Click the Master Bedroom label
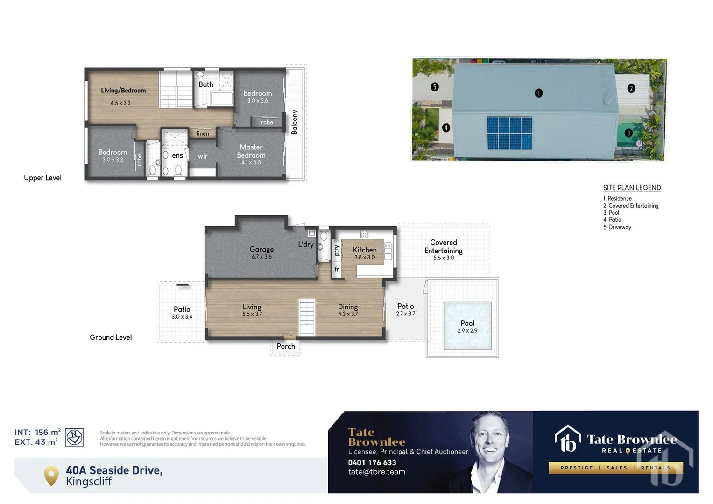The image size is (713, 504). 251,151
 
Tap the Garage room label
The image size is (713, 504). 261,250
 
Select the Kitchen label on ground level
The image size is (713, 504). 365,250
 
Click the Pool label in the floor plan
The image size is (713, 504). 467,323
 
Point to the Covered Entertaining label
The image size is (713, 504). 444,246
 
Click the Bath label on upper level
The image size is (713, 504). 206,84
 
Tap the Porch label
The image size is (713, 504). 286,346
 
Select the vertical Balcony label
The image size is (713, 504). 295,122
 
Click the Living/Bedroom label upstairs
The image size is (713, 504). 123,91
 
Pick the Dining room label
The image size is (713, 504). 348,307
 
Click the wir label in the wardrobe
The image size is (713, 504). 203,156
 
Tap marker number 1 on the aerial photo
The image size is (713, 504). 538,93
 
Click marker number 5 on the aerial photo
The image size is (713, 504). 435,87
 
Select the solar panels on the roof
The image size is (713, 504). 509,133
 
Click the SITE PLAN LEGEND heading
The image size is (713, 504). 632,188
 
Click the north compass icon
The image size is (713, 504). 74,437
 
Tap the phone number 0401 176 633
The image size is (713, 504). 372,462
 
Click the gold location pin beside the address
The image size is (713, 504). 51,476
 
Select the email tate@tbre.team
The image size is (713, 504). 377,472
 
